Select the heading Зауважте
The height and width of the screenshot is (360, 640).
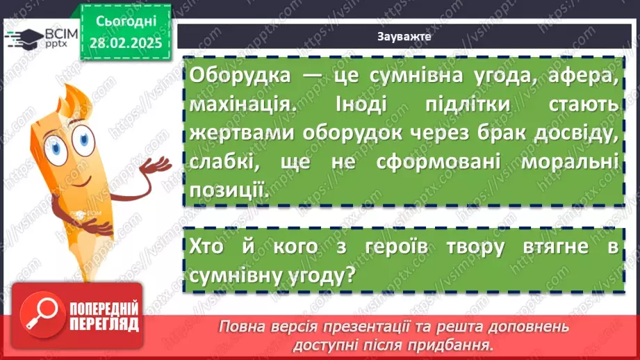(404, 37)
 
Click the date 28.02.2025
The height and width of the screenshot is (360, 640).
(125, 42)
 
